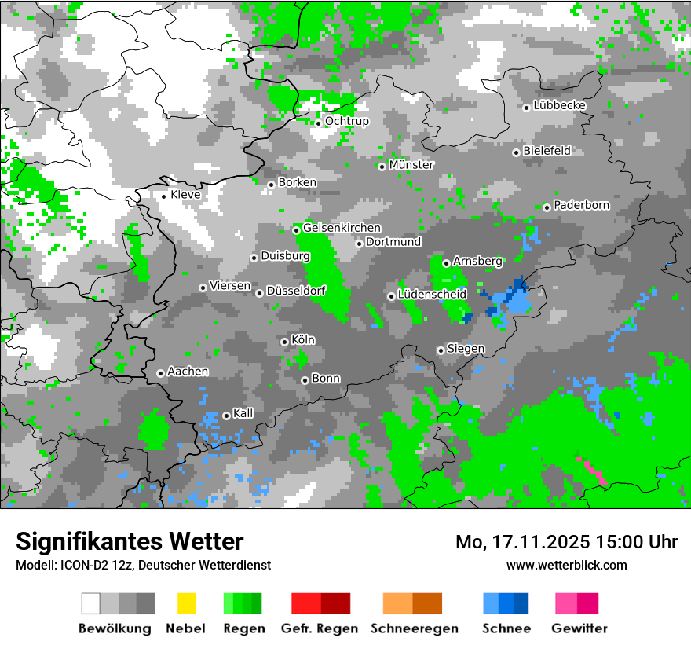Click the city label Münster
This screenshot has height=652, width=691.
411,165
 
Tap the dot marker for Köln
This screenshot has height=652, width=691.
284,342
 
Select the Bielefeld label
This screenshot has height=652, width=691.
547,150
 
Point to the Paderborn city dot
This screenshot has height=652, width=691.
547,207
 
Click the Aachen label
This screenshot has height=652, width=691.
188,372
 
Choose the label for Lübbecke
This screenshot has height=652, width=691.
559,105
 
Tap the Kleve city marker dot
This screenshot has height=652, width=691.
163,196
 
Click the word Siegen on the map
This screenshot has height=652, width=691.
466,349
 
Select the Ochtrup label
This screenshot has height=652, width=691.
346,121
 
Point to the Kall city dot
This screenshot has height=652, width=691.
226,416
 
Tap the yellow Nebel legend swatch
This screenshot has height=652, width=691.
186,603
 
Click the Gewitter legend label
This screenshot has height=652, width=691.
579,628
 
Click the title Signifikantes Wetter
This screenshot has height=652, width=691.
130,541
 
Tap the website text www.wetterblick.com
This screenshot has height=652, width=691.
566,565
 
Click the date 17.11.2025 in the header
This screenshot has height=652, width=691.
534,542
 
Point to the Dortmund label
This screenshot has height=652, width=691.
393,242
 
